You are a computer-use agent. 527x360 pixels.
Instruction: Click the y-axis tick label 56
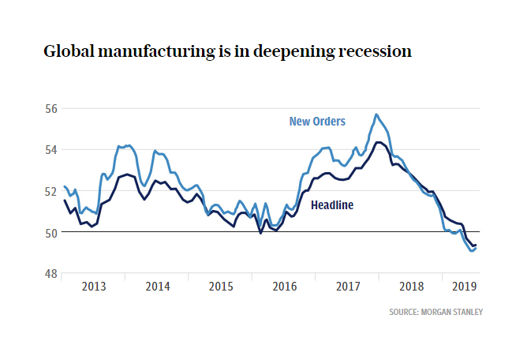click(x=51, y=109)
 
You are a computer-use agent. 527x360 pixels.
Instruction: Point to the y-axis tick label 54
click(x=51, y=150)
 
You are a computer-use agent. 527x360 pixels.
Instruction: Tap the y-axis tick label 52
click(x=51, y=191)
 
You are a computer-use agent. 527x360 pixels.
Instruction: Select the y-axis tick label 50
click(x=51, y=233)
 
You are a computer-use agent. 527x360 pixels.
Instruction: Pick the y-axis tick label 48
click(x=51, y=274)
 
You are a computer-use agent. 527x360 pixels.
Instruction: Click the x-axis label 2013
click(x=94, y=287)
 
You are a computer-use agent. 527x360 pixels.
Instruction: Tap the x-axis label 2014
click(x=158, y=287)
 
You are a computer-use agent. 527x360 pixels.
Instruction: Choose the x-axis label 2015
click(x=221, y=287)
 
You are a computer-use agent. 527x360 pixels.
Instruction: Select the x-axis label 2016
click(x=285, y=287)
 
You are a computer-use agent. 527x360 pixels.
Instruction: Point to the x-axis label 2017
click(x=348, y=287)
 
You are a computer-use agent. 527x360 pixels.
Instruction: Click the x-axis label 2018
click(x=411, y=287)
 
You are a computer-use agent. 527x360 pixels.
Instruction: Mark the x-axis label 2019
click(x=465, y=287)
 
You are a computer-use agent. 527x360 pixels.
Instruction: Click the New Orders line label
click(x=317, y=122)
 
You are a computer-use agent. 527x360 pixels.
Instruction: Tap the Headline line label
click(x=332, y=205)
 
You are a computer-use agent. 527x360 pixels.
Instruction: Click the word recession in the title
click(x=375, y=51)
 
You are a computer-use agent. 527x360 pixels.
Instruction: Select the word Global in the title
click(x=69, y=51)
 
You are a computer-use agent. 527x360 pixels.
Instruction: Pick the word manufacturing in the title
click(x=156, y=52)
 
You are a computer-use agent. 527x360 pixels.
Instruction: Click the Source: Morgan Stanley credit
click(x=436, y=312)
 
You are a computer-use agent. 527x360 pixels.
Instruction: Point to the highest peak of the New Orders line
click(x=376, y=114)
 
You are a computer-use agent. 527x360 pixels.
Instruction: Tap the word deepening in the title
click(x=294, y=52)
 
